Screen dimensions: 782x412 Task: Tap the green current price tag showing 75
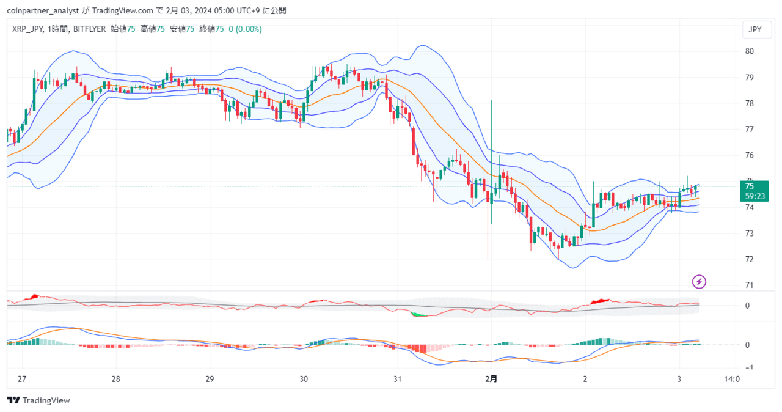click(754, 191)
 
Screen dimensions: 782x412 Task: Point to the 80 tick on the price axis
click(749, 51)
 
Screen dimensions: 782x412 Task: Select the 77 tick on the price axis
click(749, 130)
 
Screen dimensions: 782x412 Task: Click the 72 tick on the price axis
click(749, 259)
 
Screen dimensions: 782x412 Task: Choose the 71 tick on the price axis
click(749, 285)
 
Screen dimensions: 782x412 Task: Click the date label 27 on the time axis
click(22, 379)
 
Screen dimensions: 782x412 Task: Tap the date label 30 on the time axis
click(304, 379)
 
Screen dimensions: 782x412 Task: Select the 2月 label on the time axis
click(491, 379)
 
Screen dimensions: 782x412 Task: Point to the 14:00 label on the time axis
click(732, 379)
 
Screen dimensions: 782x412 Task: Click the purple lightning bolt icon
click(699, 282)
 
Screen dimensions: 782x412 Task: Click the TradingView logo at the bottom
click(38, 400)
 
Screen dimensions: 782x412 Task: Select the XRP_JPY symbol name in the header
click(27, 29)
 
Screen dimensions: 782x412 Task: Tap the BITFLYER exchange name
click(89, 29)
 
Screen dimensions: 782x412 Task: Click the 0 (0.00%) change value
click(245, 29)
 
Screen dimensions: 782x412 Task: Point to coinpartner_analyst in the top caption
click(43, 11)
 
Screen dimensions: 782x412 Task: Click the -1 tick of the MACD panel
click(748, 367)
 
